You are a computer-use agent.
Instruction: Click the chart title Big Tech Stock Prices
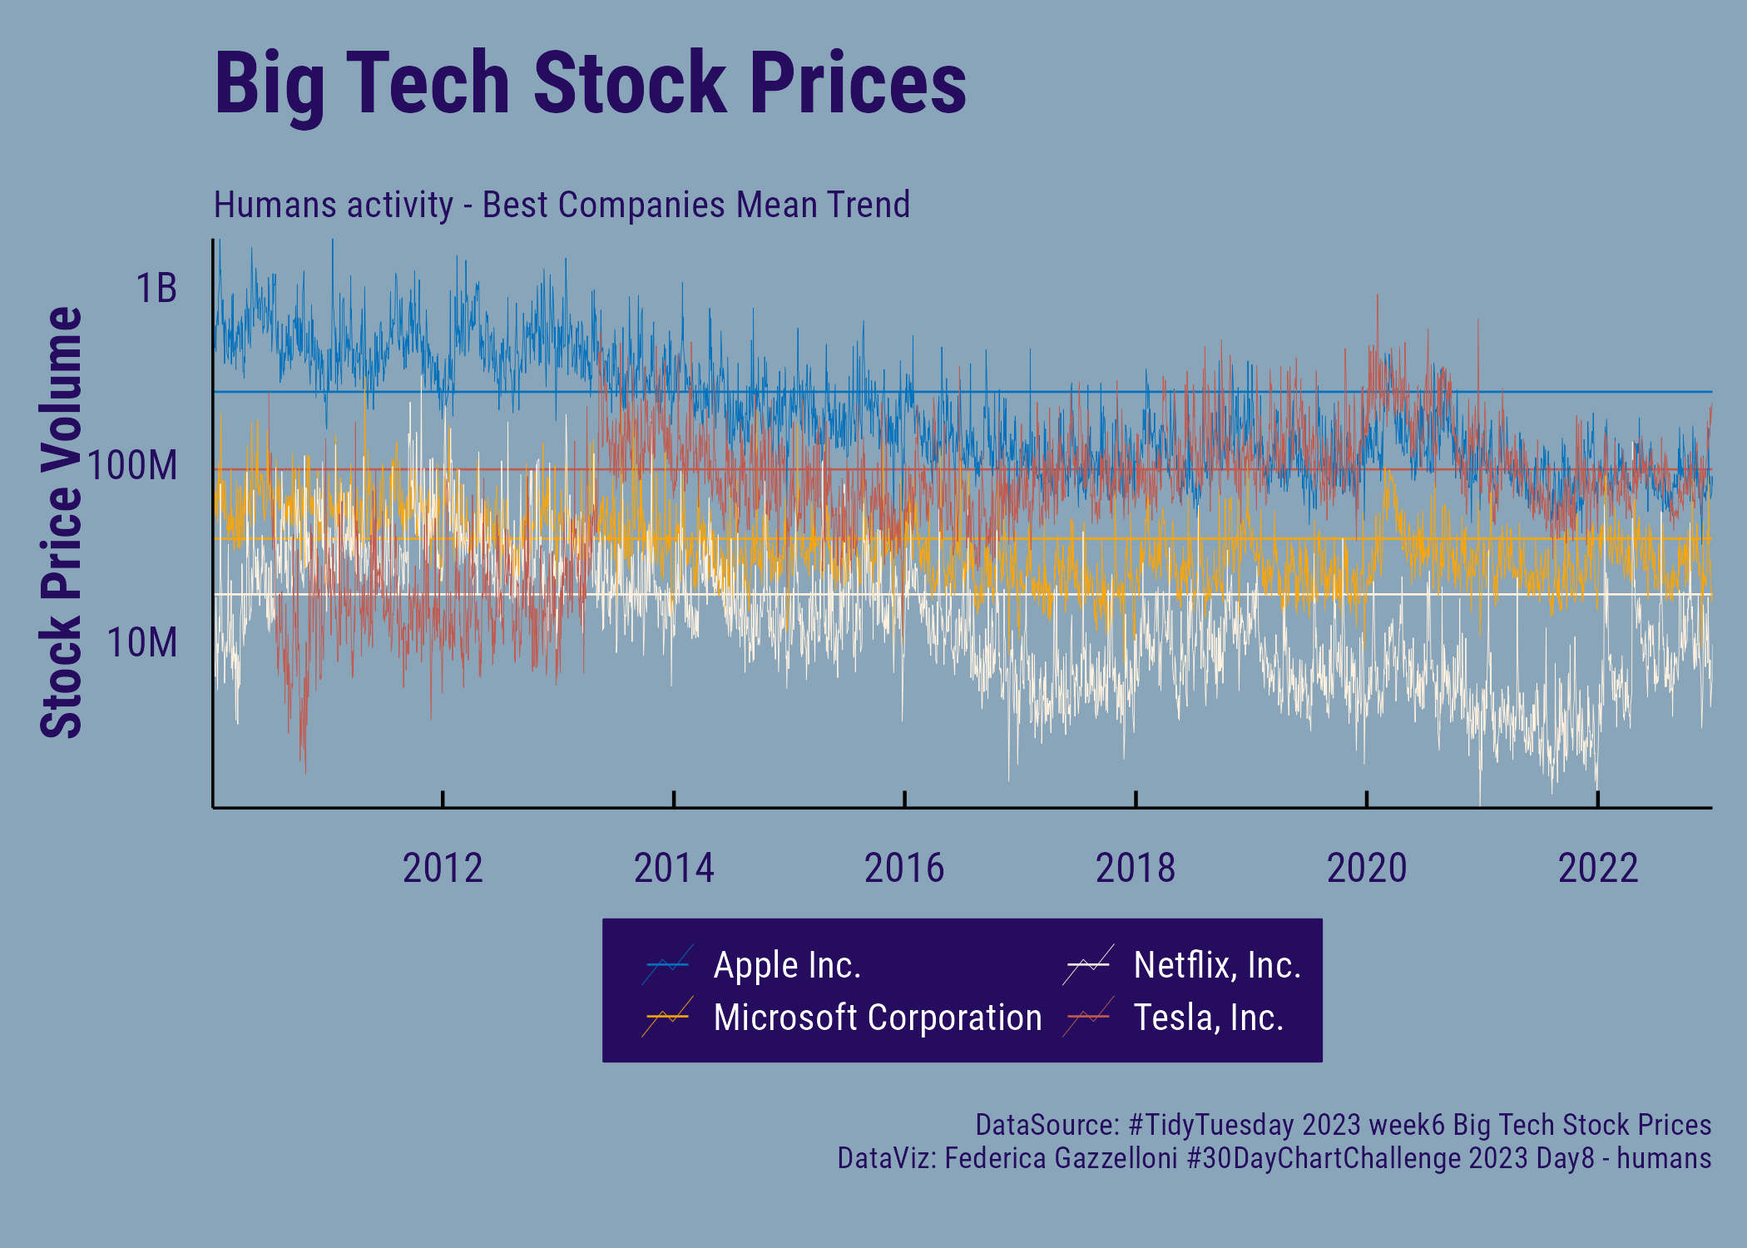point(590,83)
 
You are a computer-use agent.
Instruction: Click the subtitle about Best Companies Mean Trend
point(562,205)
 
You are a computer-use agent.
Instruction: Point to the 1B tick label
point(156,289)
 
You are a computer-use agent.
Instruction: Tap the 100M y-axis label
point(133,465)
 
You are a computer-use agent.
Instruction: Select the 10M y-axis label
point(142,642)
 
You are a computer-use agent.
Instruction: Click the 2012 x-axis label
point(443,869)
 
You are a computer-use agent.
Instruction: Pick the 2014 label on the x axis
point(674,869)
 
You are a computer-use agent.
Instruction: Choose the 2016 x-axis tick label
point(904,869)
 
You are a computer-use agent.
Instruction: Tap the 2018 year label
point(1136,869)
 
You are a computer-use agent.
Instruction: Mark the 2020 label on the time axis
point(1367,869)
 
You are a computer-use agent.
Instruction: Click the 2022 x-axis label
point(1598,869)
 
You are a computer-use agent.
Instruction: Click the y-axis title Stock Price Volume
point(62,522)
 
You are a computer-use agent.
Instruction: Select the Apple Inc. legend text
point(787,965)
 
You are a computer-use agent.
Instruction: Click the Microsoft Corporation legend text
point(878,1018)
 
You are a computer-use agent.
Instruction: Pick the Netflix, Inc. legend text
point(1217,965)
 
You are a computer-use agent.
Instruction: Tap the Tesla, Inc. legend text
point(1208,1018)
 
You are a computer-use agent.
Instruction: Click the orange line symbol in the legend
point(667,1017)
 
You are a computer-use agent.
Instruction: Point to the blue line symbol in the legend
point(667,965)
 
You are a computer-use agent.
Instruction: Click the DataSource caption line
point(1343,1125)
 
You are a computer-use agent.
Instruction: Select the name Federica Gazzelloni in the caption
point(1061,1158)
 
